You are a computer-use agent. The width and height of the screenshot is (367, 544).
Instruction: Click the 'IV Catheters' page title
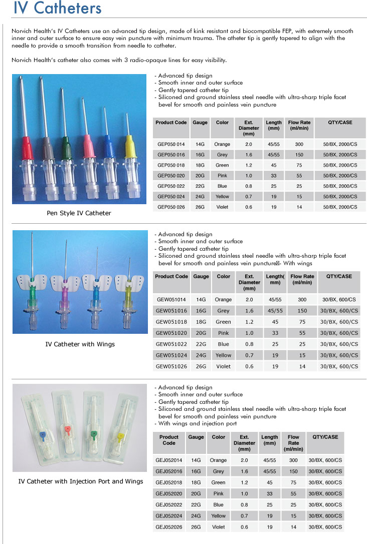tap(57, 9)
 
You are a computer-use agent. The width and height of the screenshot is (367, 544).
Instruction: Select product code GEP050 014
tap(171, 144)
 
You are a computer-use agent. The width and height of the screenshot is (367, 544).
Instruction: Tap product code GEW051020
tap(171, 333)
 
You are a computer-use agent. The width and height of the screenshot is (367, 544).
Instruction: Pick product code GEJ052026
tap(169, 526)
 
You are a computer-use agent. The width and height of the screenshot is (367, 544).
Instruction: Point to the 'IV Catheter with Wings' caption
tap(80, 344)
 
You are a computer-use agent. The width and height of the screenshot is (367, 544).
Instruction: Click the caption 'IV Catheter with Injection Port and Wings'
tap(81, 481)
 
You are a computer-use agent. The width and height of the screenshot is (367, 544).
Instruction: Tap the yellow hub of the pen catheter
tap(130, 146)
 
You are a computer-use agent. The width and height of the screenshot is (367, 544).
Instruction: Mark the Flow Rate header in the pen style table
tap(299, 125)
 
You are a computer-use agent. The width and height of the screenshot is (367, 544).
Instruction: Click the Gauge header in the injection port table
tap(196, 437)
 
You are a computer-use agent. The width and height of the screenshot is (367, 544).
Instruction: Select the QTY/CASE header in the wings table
tap(339, 276)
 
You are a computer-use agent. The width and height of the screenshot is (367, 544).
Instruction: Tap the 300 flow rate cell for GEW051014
tap(302, 299)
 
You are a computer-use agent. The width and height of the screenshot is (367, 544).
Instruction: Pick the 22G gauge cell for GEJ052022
tap(196, 504)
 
